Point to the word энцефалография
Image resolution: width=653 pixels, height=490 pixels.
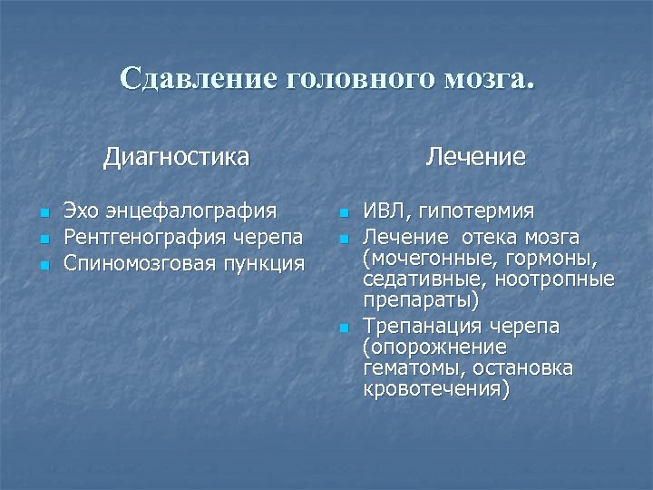coord(192,212)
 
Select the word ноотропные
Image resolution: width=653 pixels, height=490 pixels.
coord(563,279)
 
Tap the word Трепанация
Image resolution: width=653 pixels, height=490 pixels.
coord(423,327)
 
